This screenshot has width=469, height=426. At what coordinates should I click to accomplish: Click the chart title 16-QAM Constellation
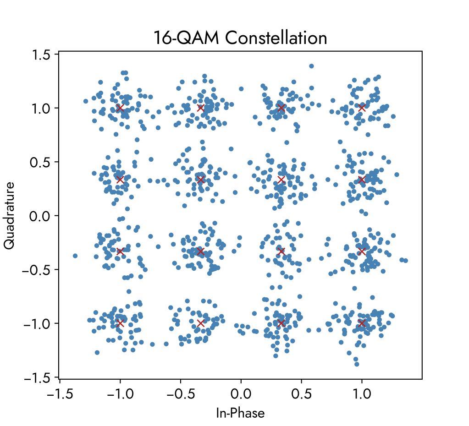(241, 38)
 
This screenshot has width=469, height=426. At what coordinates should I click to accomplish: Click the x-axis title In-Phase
(240, 413)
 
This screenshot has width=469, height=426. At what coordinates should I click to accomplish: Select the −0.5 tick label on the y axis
(38, 269)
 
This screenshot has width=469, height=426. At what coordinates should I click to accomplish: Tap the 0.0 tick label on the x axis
(241, 393)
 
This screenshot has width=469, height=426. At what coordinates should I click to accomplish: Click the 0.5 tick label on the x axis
(301, 393)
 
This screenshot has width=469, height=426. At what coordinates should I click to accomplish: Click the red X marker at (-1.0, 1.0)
(120, 108)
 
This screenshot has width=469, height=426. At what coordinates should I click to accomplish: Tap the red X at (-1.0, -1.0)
(120, 323)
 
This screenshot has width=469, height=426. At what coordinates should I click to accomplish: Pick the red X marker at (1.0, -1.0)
(362, 323)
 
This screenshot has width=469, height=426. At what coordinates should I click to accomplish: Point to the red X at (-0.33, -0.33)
(200, 251)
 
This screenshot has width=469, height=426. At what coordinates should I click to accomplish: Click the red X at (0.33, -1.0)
(281, 323)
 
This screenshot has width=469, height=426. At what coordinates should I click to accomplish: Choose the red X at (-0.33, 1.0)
(200, 108)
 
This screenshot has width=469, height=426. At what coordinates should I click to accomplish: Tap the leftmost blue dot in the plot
(75, 256)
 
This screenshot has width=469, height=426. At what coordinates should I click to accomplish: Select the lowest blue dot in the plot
(356, 364)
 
